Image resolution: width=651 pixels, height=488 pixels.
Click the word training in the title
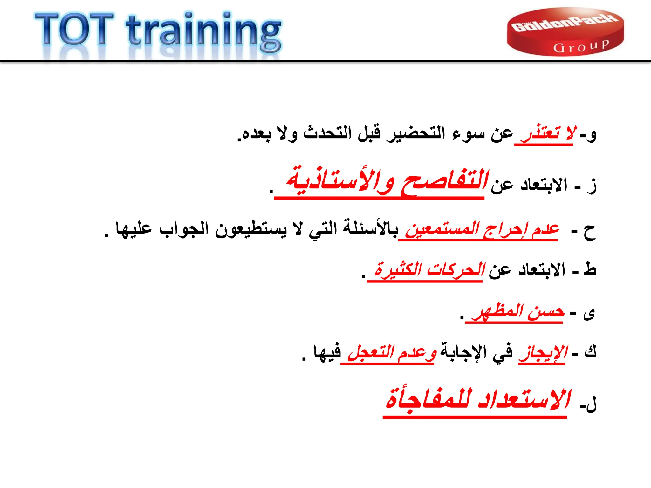click(203, 32)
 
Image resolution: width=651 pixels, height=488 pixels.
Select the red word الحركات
click(456, 270)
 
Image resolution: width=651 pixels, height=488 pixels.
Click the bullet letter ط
click(590, 269)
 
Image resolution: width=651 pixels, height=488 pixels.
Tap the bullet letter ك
click(590, 351)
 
